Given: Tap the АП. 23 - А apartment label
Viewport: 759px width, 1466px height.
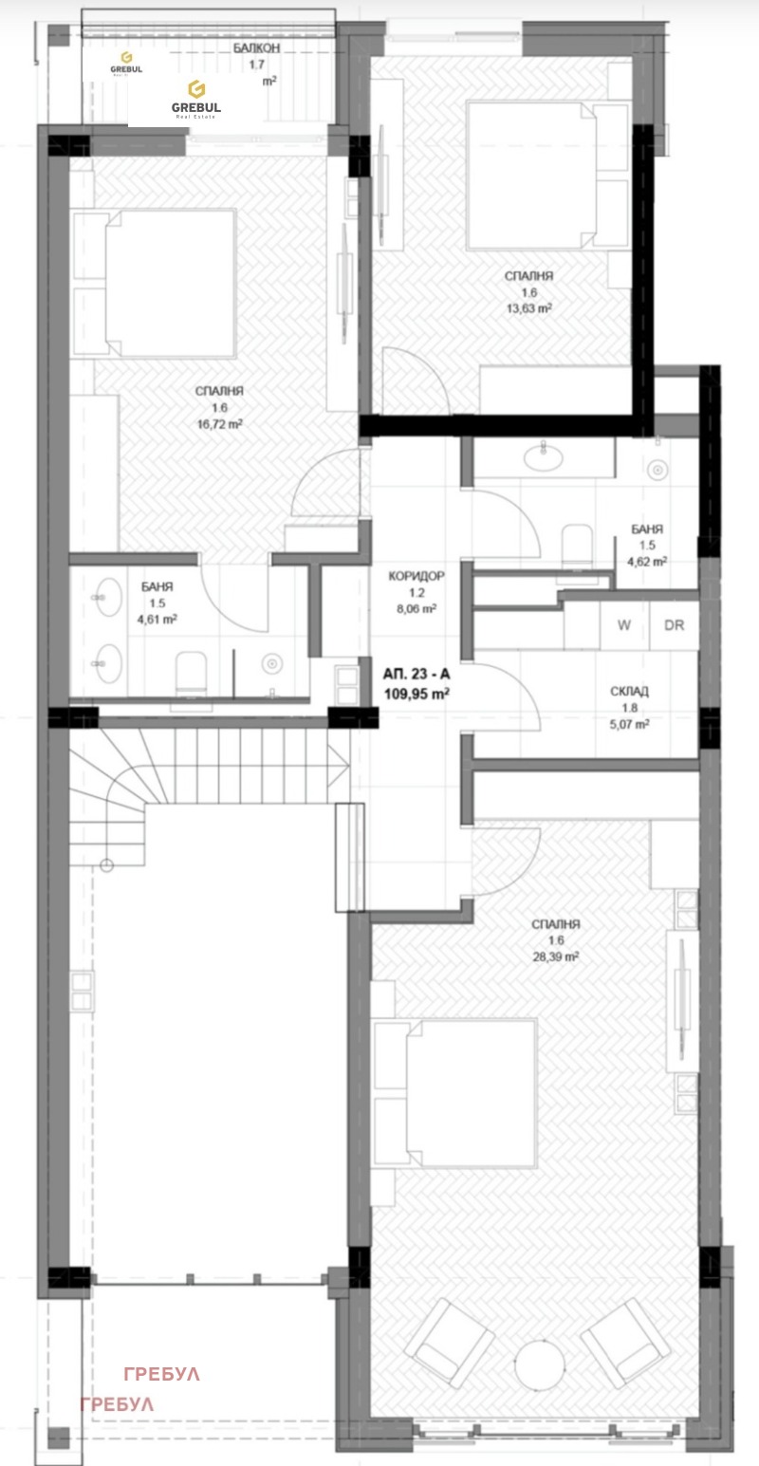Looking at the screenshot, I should [416, 675].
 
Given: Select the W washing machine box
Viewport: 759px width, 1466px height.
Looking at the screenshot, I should [624, 625].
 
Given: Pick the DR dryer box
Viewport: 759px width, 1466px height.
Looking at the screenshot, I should [675, 625].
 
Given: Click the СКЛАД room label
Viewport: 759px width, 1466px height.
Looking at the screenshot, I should [629, 692].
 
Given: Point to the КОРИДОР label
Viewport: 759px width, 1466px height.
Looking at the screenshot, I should [416, 576].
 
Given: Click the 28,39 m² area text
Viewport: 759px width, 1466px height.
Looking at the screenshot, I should [555, 956].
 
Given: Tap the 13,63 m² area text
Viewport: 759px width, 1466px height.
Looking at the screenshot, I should [528, 307].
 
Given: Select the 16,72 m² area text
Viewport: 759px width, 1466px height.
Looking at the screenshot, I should [219, 424].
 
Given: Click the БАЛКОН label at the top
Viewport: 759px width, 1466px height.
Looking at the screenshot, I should [256, 47].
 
